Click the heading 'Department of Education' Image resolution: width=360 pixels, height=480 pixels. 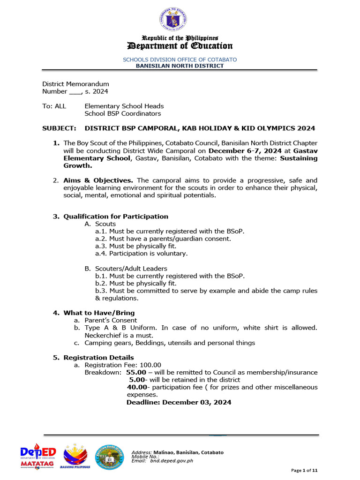click(x=180, y=45)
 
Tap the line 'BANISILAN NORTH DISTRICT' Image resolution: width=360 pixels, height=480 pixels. click(x=180, y=66)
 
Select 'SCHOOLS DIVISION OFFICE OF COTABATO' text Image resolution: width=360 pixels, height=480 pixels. click(x=180, y=60)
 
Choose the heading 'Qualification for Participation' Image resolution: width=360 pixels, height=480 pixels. click(x=116, y=216)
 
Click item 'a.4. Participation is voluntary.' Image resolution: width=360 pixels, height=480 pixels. click(x=141, y=254)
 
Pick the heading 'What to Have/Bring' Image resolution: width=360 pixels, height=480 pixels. click(x=99, y=313)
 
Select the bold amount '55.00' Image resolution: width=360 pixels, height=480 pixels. click(x=136, y=372)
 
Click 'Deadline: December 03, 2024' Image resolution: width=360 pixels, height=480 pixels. click(x=179, y=402)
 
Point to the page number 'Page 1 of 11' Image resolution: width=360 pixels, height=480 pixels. click(x=304, y=470)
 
